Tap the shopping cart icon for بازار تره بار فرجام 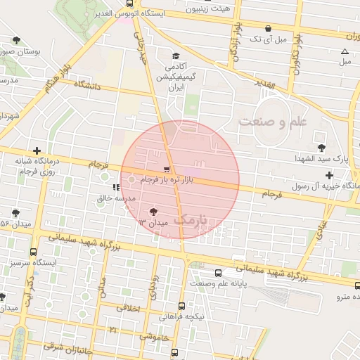(x=166, y=169)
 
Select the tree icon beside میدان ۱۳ (x=154, y=211)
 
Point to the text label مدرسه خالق (x=115, y=199)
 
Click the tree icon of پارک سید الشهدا (x=321, y=148)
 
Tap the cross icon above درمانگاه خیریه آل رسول (x=329, y=174)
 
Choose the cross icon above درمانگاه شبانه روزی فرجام (x=37, y=150)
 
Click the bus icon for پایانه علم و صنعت (x=218, y=272)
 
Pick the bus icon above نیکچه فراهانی (x=182, y=306)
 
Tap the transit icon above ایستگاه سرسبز (x=33, y=252)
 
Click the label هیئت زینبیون (x=206, y=8)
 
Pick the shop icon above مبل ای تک (x=267, y=28)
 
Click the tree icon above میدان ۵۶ (x=15, y=213)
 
